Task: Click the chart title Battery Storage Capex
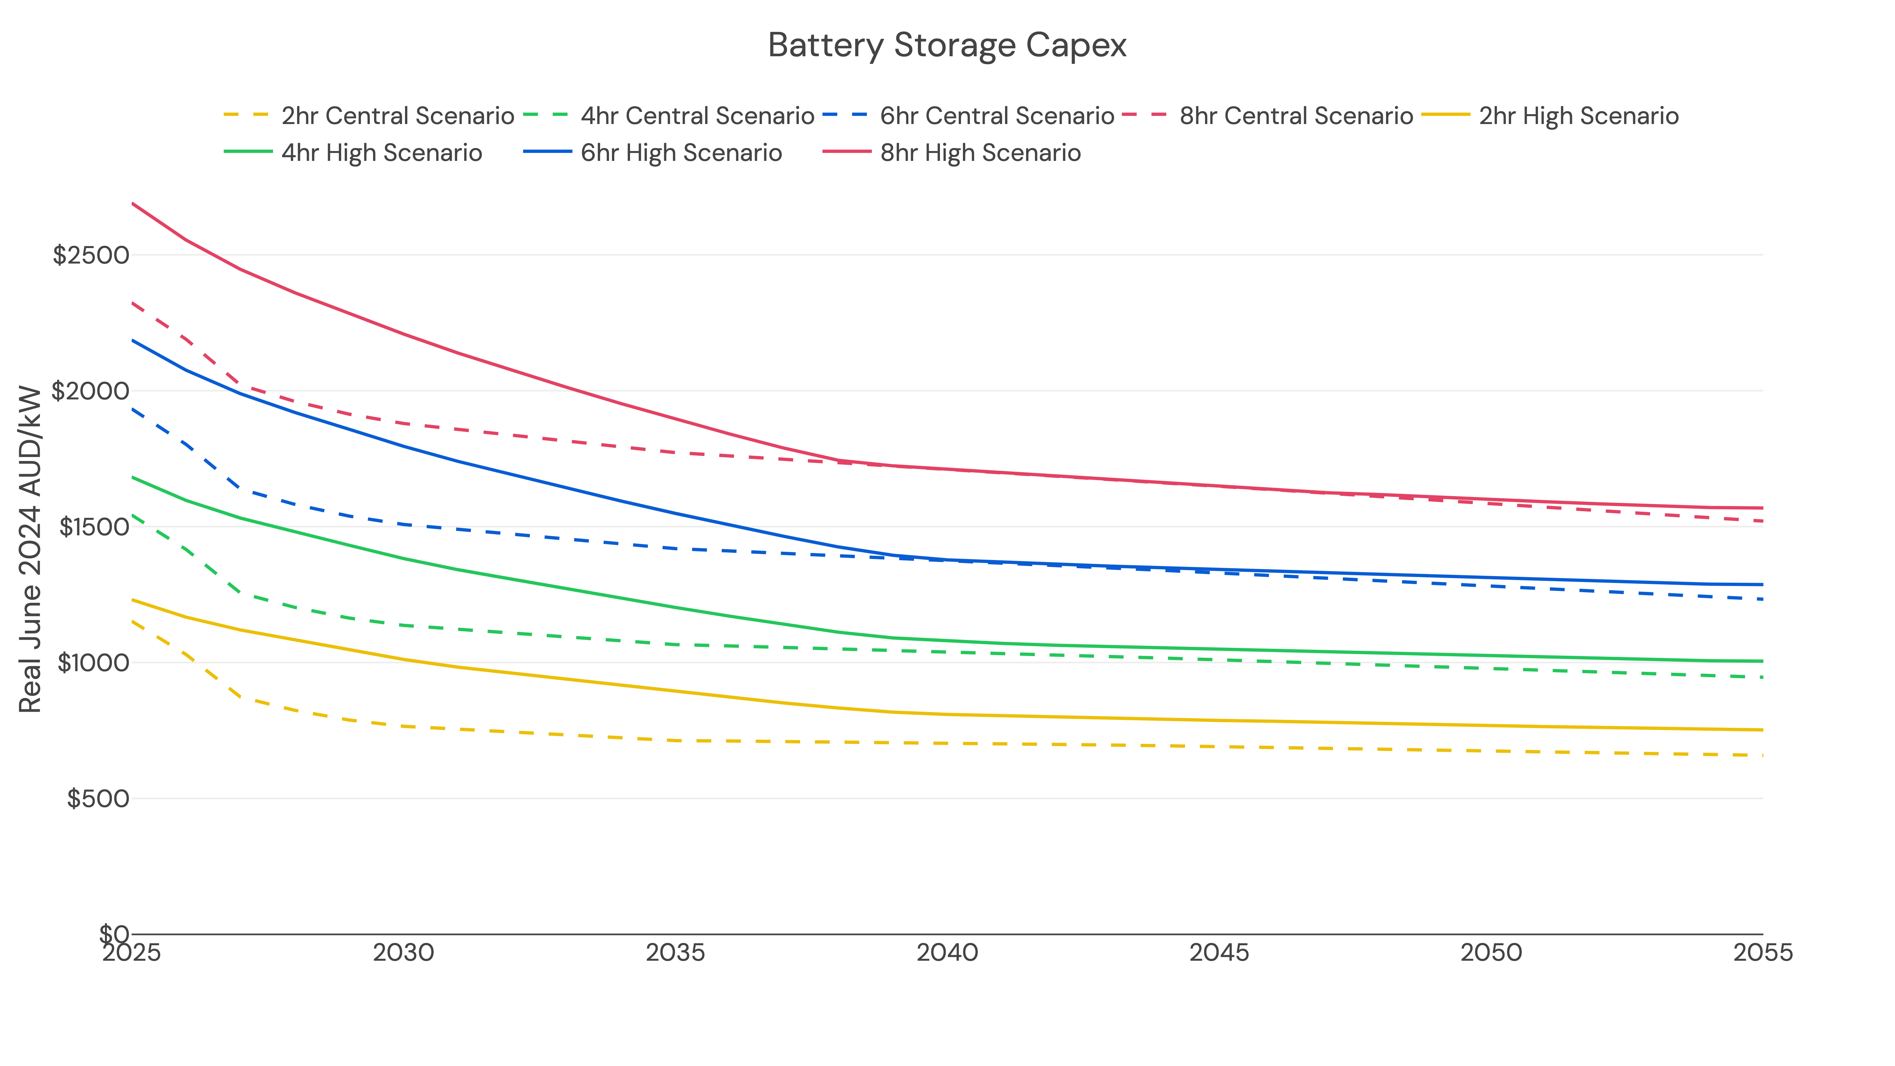point(947,46)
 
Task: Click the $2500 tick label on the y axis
point(90,255)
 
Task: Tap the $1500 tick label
point(93,527)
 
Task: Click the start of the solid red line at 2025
point(132,203)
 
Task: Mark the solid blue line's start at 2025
point(132,340)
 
